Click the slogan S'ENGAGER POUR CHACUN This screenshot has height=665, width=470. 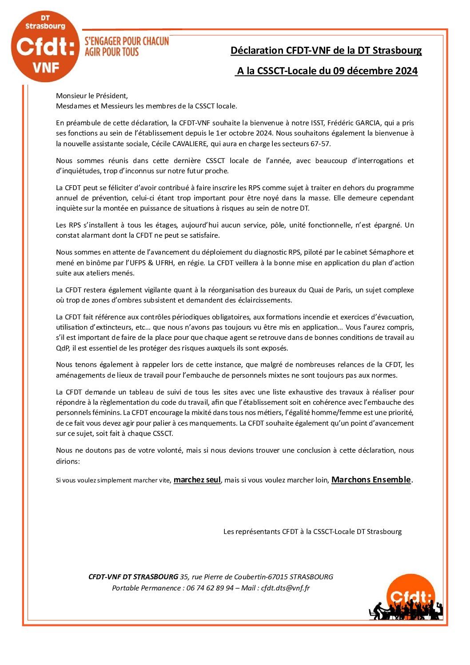pyautogui.click(x=127, y=41)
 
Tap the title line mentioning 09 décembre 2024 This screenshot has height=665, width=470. pyautogui.click(x=327, y=71)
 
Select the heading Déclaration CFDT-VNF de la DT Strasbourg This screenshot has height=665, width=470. pyautogui.click(x=326, y=51)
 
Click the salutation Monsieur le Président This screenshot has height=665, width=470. pyautogui.click(x=92, y=96)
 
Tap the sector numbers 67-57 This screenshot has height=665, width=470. pyautogui.click(x=321, y=144)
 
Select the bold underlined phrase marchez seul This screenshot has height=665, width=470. pyautogui.click(x=197, y=480)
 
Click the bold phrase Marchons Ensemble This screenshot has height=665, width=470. pyautogui.click(x=371, y=480)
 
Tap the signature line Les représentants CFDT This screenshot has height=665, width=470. pyautogui.click(x=312, y=532)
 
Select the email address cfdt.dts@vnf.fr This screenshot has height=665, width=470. pyautogui.click(x=285, y=588)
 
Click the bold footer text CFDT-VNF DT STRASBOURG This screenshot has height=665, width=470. pyautogui.click(x=133, y=577)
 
